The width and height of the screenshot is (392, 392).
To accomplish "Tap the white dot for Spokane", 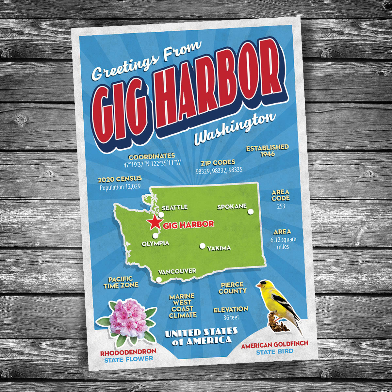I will click(251, 212).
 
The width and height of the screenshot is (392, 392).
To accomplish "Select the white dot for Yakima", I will click(203, 246).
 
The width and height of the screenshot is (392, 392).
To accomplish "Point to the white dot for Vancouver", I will click(159, 280).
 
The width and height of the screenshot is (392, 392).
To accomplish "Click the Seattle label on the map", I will click(174, 207).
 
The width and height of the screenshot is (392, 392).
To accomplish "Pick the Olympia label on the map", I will click(155, 243).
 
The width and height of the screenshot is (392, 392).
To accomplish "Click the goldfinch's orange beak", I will click(259, 286).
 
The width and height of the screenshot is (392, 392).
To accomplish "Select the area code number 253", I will click(281, 206).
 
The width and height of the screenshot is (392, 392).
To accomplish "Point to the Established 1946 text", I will click(268, 151).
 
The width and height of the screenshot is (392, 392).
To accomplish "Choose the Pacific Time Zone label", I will click(121, 282).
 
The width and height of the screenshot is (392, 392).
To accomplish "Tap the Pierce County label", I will click(232, 288).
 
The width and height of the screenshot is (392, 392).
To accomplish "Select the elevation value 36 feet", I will click(231, 317).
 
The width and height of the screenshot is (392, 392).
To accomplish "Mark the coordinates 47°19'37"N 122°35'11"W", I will click(152, 165).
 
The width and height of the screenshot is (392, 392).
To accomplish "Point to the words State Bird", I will click(274, 352).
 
